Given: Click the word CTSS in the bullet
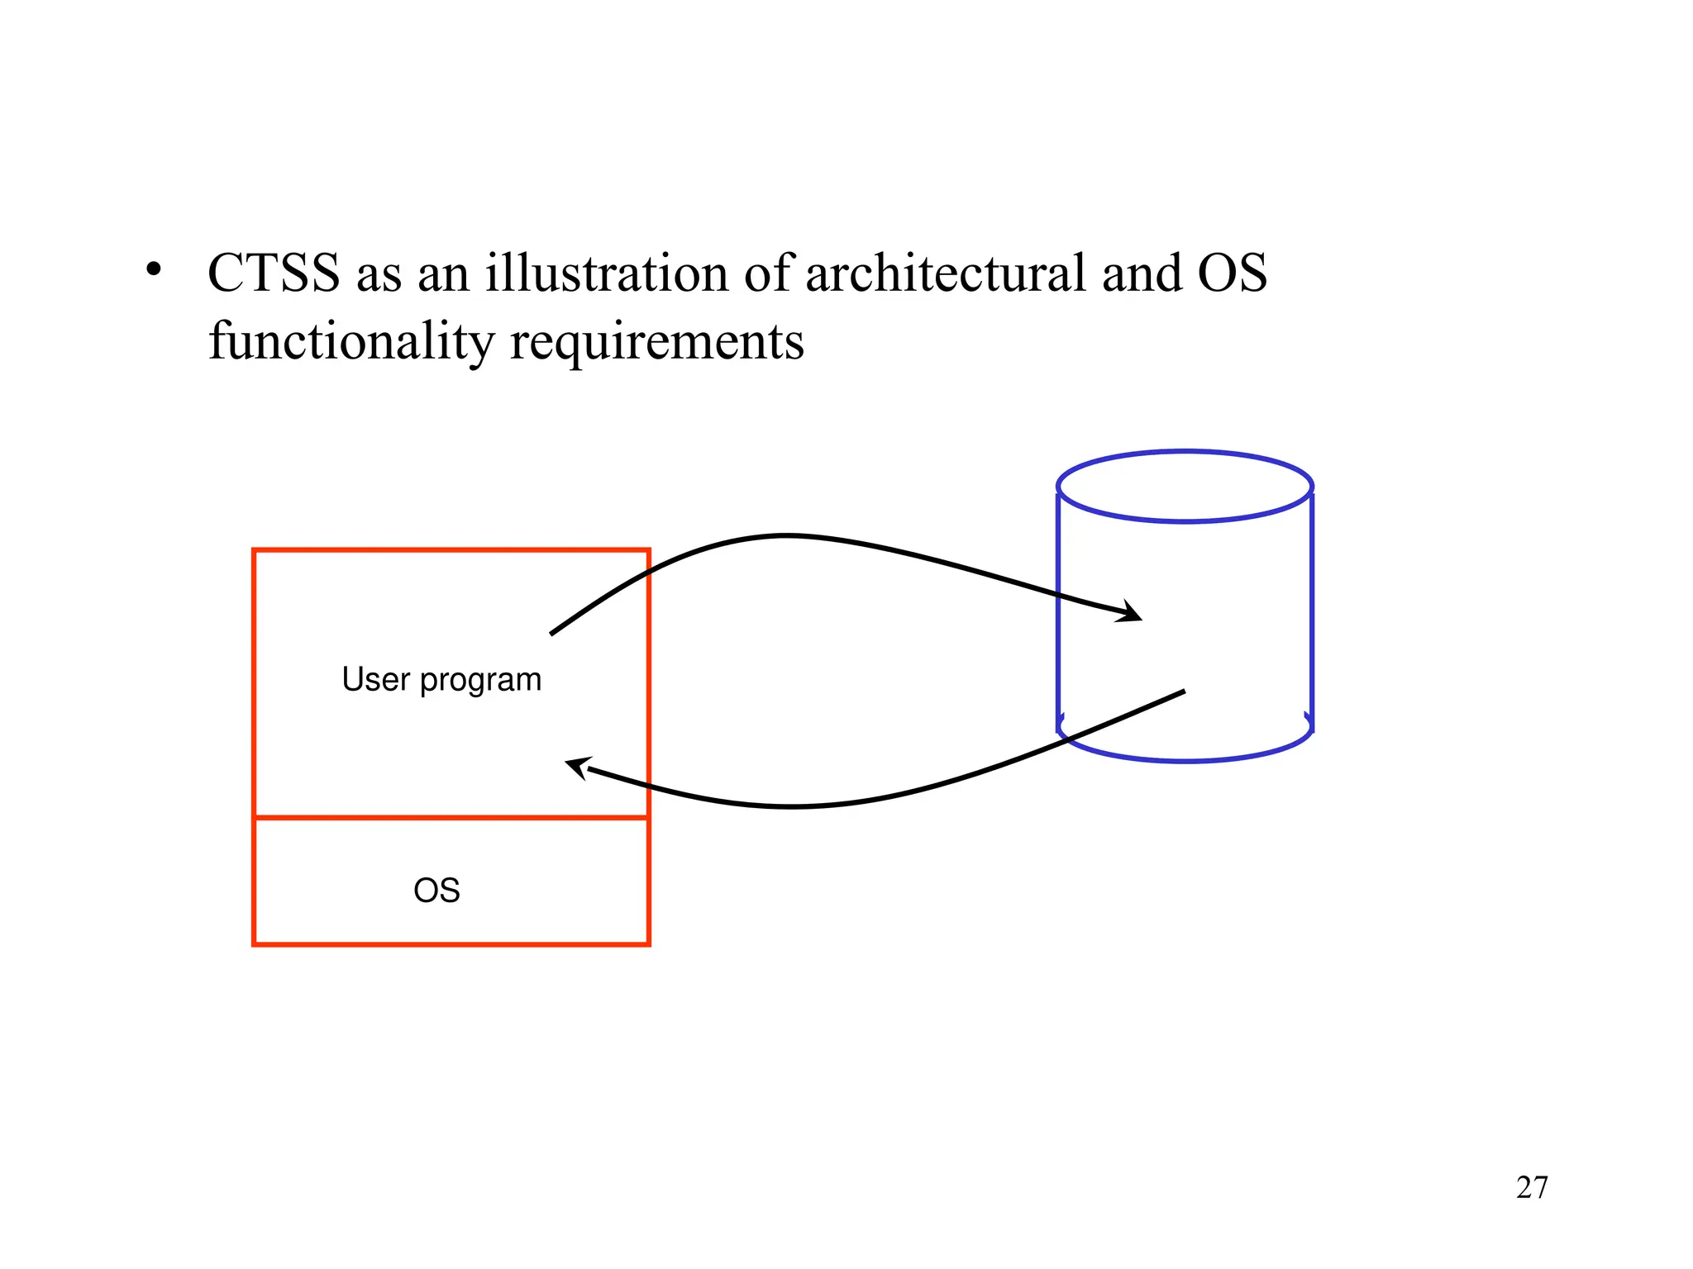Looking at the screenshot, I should pyautogui.click(x=274, y=273).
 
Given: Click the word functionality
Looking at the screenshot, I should pyautogui.click(x=351, y=341).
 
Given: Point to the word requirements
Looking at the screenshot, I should pyautogui.click(x=657, y=341).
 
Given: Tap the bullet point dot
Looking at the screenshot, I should pyautogui.click(x=153, y=270).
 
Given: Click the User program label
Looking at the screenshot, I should pyautogui.click(x=441, y=680).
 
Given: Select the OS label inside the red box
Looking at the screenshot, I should pyautogui.click(x=436, y=891).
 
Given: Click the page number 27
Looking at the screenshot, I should pyautogui.click(x=1532, y=1187).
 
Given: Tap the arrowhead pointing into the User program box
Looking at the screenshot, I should pyautogui.click(x=577, y=766).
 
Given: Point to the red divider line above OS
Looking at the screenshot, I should pyautogui.click(x=451, y=818).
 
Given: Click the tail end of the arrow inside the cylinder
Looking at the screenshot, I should pyautogui.click(x=1182, y=692).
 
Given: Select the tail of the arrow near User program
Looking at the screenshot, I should pyautogui.click(x=553, y=633).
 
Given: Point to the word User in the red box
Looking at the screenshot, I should pyautogui.click(x=376, y=680).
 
